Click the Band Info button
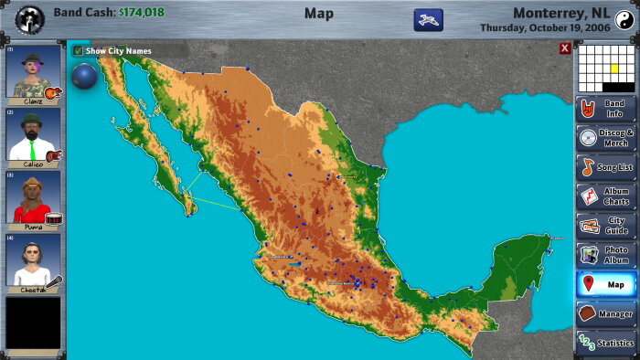(605, 109)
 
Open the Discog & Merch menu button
(605, 138)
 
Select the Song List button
(605, 167)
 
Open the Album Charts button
(605, 196)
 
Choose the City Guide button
(605, 226)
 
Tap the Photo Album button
(605, 255)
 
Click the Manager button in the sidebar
(605, 313)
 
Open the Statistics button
(605, 343)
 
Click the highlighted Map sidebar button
(605, 284)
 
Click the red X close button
(565, 49)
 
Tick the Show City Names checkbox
(79, 51)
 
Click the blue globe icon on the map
(84, 76)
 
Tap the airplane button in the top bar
(428, 18)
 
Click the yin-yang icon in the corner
(624, 18)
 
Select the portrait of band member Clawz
(34, 75)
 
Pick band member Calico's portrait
(34, 137)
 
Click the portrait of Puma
(34, 198)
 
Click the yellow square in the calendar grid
(614, 69)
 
